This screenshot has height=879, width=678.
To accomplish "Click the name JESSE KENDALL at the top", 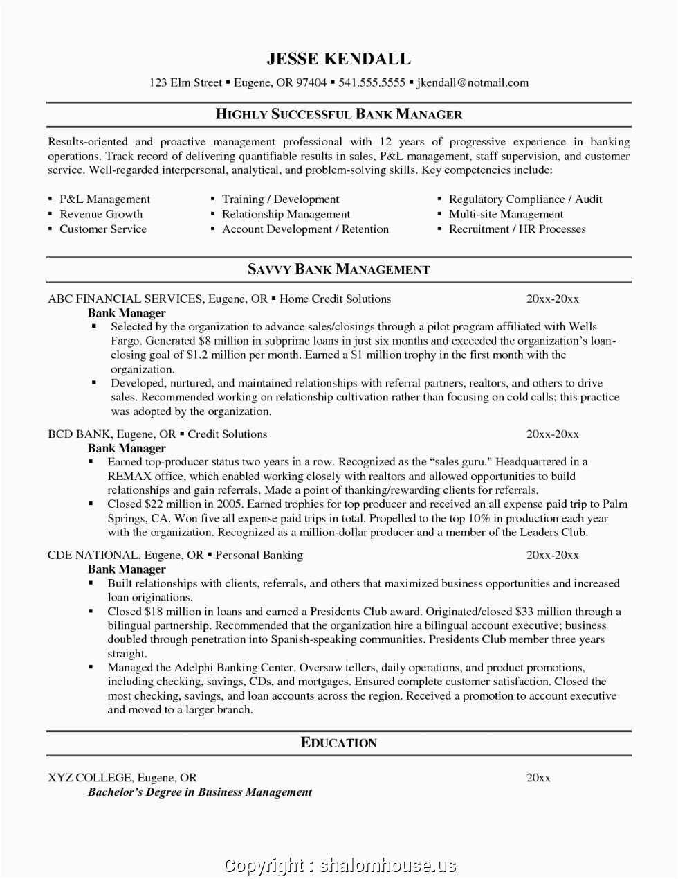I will point(339,59).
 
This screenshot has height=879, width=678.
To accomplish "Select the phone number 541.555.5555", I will point(371,82).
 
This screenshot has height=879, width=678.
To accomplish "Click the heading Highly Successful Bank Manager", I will point(339,114).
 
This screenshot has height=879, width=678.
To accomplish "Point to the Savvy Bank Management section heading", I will point(339,269).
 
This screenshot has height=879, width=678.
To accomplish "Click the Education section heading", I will point(339,743).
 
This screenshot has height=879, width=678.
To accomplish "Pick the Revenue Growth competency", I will point(101,214).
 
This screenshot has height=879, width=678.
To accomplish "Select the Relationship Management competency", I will point(286,214).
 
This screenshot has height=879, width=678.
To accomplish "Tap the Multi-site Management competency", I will point(506,214).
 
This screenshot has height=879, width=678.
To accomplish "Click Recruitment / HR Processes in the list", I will point(517,229).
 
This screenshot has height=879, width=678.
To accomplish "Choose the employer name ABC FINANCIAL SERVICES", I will point(125,299).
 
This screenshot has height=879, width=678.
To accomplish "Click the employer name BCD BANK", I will point(79,434).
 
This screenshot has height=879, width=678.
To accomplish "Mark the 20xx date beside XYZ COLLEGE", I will point(538,777).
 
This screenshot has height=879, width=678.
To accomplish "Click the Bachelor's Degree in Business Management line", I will point(200,792).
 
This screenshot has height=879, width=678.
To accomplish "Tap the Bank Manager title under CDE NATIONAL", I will point(127,569).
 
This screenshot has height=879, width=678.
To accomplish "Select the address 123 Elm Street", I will point(185,82).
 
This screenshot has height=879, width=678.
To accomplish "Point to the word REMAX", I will point(127,476).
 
